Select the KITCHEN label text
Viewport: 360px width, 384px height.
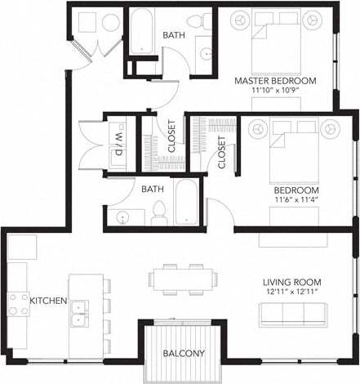48,301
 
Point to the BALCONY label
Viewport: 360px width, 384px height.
183,354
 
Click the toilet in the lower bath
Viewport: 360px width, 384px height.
159,212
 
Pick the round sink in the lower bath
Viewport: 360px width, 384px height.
122,217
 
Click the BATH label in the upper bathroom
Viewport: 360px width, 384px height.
173,35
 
